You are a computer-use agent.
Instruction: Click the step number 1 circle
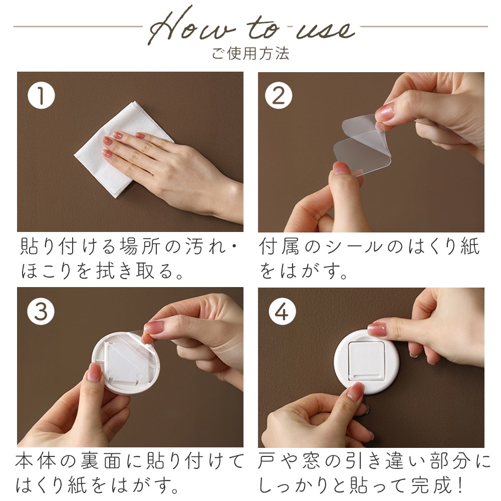coord(41,95)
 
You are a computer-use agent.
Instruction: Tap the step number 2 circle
coord(279,95)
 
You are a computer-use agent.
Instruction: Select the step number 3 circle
coord(41,311)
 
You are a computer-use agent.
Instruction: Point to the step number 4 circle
coord(282,311)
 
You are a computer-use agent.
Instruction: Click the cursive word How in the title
coord(192,26)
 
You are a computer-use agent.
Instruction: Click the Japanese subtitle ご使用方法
coord(251,54)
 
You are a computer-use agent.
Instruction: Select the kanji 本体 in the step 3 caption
coord(36,461)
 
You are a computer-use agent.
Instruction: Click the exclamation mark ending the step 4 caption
coord(460,485)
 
